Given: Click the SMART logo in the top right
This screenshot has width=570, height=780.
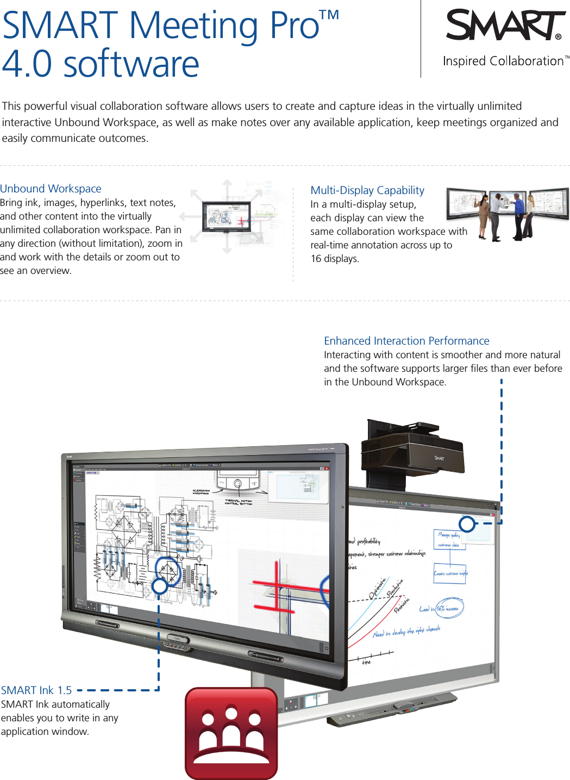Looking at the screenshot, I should pyautogui.click(x=505, y=26).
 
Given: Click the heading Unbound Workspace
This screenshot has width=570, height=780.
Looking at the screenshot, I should pyautogui.click(x=51, y=189).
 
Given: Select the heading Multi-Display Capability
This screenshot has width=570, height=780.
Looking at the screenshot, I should pyautogui.click(x=367, y=190).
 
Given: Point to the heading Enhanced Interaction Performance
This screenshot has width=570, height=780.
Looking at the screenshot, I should pyautogui.click(x=406, y=341).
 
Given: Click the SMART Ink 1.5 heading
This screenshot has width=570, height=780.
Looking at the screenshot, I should pyautogui.click(x=36, y=690).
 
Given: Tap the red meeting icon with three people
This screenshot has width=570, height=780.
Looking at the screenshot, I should pyautogui.click(x=231, y=733).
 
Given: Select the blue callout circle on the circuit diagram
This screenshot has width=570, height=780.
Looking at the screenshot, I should pyautogui.click(x=160, y=586).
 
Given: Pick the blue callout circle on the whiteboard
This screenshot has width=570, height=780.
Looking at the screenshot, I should pyautogui.click(x=467, y=524).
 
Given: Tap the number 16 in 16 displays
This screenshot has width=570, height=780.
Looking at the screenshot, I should pyautogui.click(x=316, y=259).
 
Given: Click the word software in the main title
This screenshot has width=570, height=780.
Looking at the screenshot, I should pyautogui.click(x=131, y=64).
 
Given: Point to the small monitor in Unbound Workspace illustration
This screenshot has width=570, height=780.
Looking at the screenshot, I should pyautogui.click(x=226, y=216).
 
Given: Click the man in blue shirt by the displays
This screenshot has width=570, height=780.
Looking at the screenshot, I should pyautogui.click(x=519, y=215).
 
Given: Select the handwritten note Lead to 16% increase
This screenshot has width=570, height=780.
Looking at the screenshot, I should pyautogui.click(x=440, y=609).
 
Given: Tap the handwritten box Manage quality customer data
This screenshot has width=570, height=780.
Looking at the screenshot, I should pyautogui.click(x=449, y=539).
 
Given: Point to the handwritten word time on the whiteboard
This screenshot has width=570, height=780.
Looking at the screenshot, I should pyautogui.click(x=367, y=662).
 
